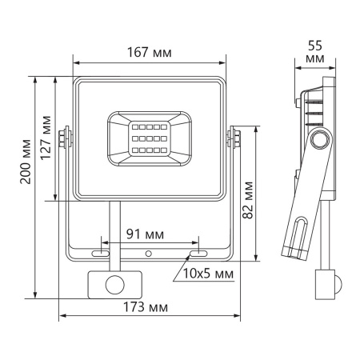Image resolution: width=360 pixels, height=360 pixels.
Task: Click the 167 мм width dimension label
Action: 150,52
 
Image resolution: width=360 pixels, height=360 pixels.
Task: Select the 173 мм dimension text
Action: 150,308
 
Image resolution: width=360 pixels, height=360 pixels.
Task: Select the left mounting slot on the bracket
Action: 102,254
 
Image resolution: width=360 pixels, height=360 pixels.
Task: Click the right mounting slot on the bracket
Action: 195,254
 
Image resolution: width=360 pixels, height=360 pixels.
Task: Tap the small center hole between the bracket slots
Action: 148,254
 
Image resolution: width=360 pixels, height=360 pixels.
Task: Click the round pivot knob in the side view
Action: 322,139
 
